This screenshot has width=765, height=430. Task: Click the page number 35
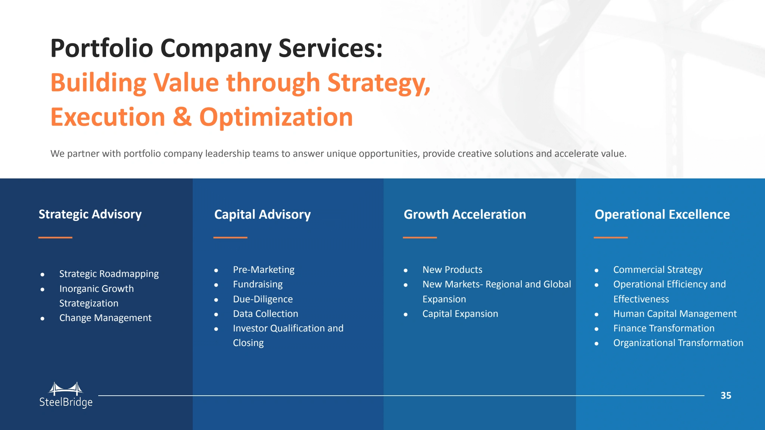[x=726, y=396]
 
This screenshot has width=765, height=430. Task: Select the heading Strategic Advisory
[x=90, y=215]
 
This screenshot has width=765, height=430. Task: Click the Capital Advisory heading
[x=262, y=215]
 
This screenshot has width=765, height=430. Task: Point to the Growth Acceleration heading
[x=465, y=215]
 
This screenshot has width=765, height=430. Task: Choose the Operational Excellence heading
[x=662, y=215]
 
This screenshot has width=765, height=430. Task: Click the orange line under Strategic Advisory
[x=55, y=237]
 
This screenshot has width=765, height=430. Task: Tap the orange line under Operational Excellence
[x=611, y=237]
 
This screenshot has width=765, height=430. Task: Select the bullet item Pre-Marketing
[x=264, y=270]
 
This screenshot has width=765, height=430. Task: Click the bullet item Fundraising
[x=258, y=284]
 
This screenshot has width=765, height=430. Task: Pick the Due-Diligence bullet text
[x=263, y=299]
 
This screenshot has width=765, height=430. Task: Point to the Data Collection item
[x=266, y=314]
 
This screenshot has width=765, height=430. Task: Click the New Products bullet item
[x=452, y=270]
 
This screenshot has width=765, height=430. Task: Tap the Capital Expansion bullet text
[x=460, y=314]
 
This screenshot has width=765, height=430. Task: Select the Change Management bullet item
[x=105, y=318]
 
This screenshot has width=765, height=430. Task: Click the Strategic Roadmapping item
[x=109, y=274]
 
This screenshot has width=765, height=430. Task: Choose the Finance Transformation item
[x=664, y=328]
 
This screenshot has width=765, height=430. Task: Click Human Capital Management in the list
[x=675, y=314]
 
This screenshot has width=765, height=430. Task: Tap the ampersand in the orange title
[x=182, y=117]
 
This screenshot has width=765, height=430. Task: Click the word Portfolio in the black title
[x=102, y=49]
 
